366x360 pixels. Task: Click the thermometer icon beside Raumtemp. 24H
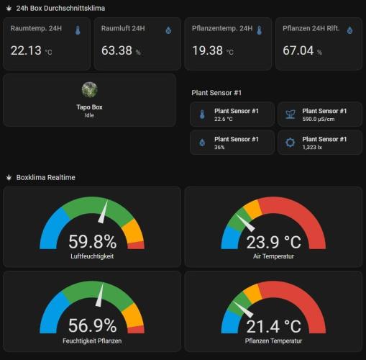click(78, 30)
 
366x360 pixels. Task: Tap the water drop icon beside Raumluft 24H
click(168, 30)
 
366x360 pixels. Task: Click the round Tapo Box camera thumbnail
click(89, 90)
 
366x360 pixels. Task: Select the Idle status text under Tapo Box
click(89, 115)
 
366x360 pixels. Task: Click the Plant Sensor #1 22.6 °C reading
click(224, 120)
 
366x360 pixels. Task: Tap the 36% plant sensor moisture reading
click(220, 147)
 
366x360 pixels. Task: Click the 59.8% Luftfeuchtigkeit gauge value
click(92, 241)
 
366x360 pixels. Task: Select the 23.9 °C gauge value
click(273, 241)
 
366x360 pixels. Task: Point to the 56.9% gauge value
click(92, 326)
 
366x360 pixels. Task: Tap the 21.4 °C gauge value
click(273, 326)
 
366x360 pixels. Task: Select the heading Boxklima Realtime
click(46, 177)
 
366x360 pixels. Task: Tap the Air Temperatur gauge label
click(273, 256)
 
